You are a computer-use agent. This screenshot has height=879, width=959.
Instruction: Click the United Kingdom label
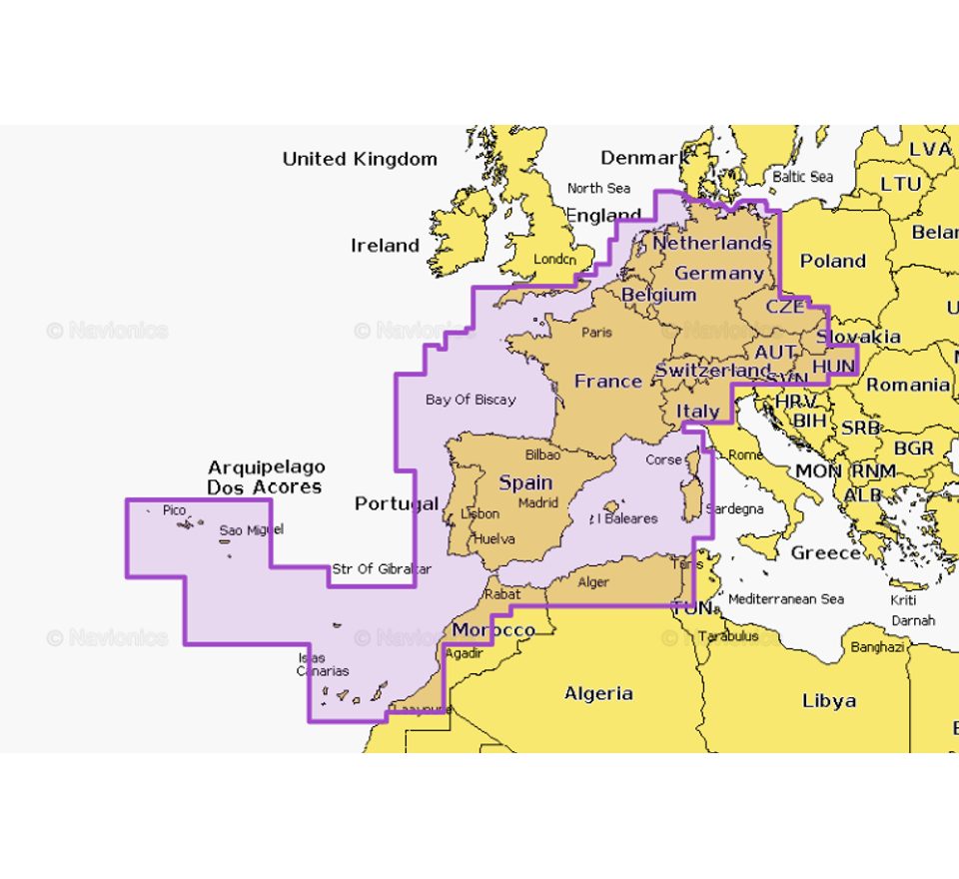(x=360, y=159)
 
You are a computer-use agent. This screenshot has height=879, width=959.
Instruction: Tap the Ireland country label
(x=385, y=246)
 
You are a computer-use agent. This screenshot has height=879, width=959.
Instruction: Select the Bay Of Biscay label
(x=471, y=400)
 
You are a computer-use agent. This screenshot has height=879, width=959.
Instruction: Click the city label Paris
(x=596, y=332)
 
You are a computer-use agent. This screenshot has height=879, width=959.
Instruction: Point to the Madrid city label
(x=537, y=502)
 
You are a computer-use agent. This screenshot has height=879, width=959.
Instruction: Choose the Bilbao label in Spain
(x=542, y=454)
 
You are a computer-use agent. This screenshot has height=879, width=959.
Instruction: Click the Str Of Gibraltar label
(x=382, y=569)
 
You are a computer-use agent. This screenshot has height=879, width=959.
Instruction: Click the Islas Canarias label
(x=322, y=664)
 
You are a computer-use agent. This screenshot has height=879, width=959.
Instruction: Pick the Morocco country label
(x=492, y=630)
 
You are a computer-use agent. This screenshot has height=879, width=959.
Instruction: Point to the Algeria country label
(x=598, y=693)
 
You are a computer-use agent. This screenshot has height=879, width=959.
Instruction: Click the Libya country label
(x=829, y=701)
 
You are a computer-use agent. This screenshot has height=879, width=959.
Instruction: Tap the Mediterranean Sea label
(x=786, y=599)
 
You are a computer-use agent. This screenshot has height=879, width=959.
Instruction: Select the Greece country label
(x=825, y=552)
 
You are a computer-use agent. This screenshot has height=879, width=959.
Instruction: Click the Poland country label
(x=832, y=261)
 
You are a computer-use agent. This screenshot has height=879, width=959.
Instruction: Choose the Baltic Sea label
(x=802, y=177)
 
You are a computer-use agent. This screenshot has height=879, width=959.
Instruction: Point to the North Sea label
(x=598, y=188)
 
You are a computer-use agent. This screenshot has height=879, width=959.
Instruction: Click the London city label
(x=555, y=259)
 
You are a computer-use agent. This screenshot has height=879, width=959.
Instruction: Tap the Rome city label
(x=746, y=454)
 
